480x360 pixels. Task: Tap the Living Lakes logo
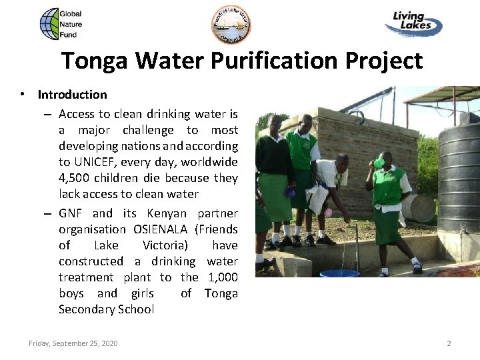413,25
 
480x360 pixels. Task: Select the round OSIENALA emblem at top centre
231,24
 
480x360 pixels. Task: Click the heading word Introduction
72,95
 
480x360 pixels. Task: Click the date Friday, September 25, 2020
73,343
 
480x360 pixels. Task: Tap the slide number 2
449,343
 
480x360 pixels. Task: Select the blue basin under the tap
340,273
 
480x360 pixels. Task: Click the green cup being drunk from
379,163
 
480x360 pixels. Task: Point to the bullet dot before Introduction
23,95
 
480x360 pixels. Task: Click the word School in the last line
135,309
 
